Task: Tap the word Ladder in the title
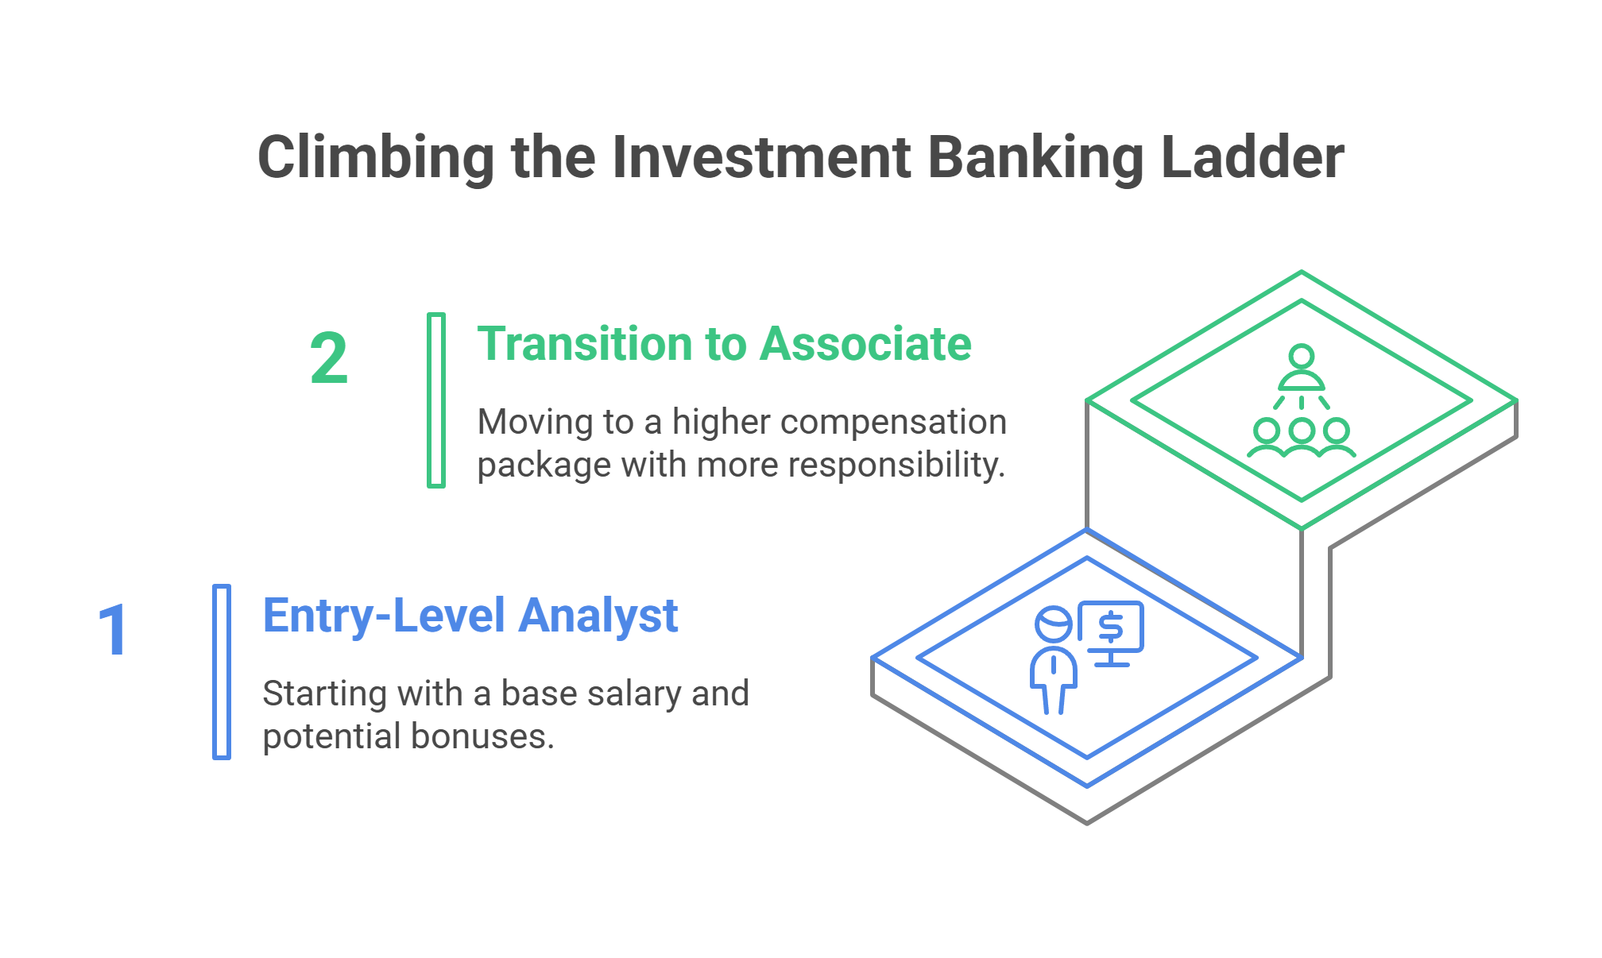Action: (1252, 157)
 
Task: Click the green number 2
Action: (329, 358)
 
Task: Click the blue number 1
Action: (114, 630)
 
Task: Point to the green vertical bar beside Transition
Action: (436, 400)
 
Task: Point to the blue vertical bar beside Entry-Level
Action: (222, 672)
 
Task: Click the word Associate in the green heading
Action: (865, 344)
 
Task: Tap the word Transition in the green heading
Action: (584, 344)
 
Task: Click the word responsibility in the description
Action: (896, 465)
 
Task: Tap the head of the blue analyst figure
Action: (1054, 624)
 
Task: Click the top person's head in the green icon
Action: (1302, 356)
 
